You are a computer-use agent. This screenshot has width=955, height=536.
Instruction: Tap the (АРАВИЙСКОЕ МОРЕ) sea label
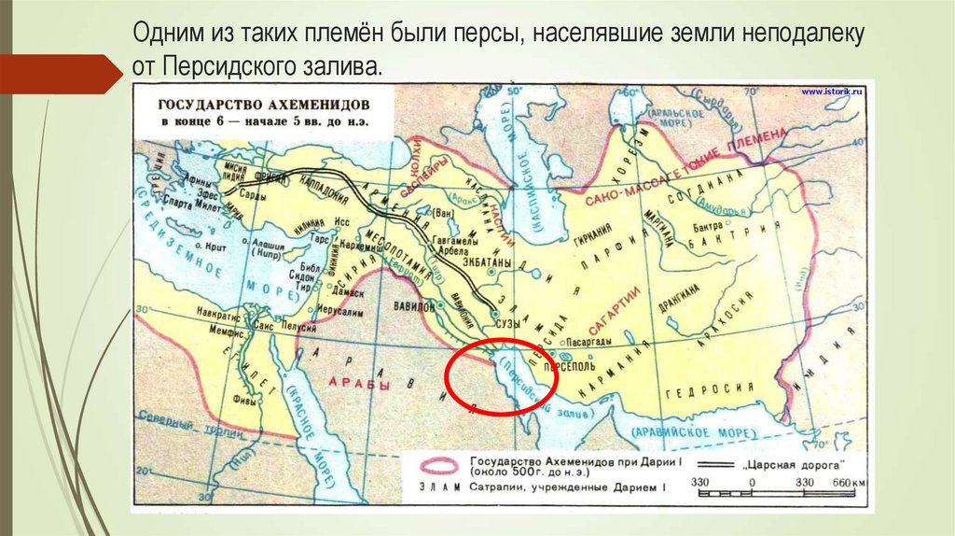coord(684,431)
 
